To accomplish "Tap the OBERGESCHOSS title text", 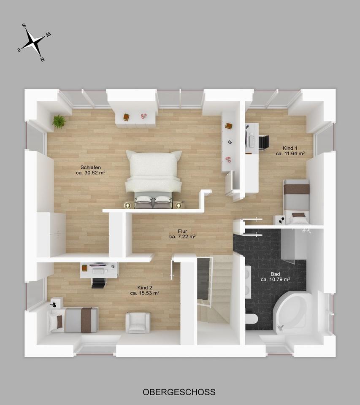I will (x=179, y=392).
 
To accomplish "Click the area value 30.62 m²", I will (x=90, y=173).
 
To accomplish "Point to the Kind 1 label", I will (x=290, y=148).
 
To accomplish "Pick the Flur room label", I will (x=182, y=231).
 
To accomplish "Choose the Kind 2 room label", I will (x=144, y=287).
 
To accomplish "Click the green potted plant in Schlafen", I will (x=59, y=121).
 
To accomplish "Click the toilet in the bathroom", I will (x=252, y=319).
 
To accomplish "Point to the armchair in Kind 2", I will (x=138, y=323).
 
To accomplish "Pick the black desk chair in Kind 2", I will (x=98, y=282).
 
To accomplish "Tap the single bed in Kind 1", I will (x=296, y=202).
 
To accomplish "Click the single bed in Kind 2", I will (x=74, y=320).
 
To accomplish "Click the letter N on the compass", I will (x=42, y=59).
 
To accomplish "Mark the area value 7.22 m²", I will (x=182, y=237).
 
